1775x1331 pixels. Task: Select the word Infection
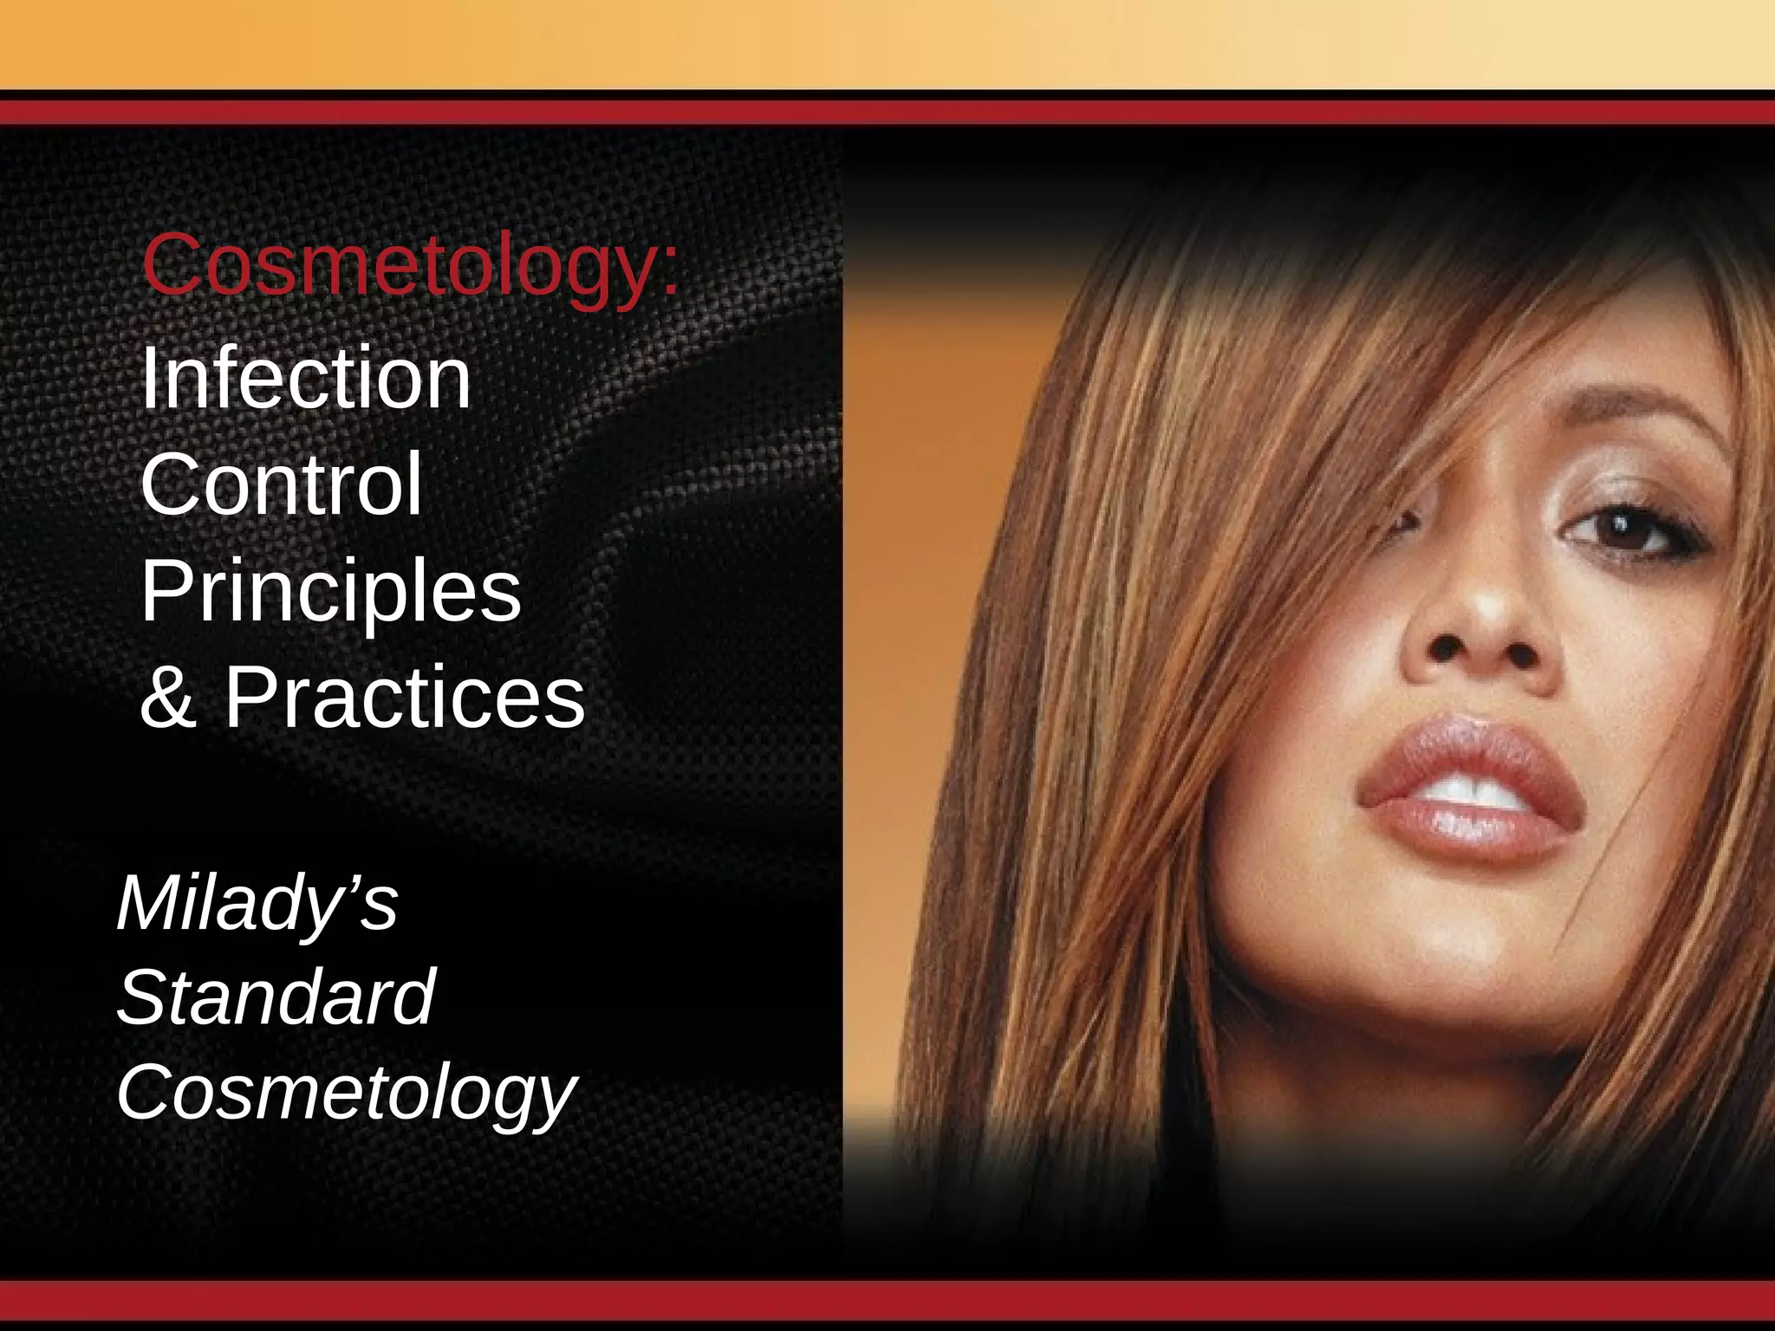[x=305, y=378]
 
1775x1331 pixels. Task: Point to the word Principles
[x=330, y=592]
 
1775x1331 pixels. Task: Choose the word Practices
[x=405, y=698]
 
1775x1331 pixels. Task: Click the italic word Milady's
[x=257, y=904]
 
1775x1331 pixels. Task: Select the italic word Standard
[x=276, y=998]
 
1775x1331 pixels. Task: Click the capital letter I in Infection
[x=149, y=378]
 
